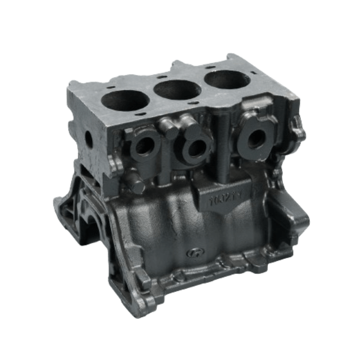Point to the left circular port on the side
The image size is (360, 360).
(x=143, y=147)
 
